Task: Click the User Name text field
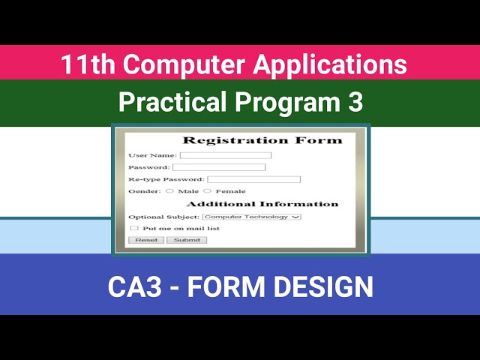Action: click(x=225, y=155)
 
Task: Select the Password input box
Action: click(x=219, y=167)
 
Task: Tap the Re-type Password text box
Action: click(x=253, y=179)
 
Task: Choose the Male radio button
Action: click(x=169, y=191)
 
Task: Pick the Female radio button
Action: click(x=208, y=191)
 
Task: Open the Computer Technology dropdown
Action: click(x=251, y=217)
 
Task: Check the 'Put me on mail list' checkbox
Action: click(x=134, y=228)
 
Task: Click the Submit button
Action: click(x=187, y=240)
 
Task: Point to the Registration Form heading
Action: click(x=262, y=140)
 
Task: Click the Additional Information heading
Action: click(x=262, y=204)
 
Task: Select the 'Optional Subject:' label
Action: click(x=164, y=217)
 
